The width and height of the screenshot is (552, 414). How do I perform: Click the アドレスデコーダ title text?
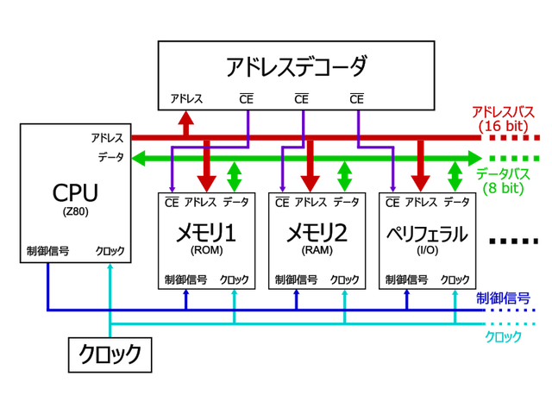tap(296, 66)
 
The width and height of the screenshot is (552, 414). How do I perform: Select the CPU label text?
tap(75, 191)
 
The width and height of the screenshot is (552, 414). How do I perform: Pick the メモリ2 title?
tap(317, 233)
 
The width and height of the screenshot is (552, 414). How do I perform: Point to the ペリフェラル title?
tap(427, 233)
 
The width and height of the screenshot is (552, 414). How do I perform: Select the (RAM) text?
tap(317, 251)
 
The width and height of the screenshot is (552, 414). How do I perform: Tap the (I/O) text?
tap(427, 251)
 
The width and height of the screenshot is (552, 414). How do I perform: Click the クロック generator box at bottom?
tap(110, 354)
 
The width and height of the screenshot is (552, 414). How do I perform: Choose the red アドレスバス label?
tap(504, 112)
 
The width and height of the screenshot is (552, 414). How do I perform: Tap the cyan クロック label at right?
tap(504, 336)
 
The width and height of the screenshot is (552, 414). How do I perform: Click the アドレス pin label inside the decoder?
tap(186, 98)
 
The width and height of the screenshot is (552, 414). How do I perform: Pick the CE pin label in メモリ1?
tap(172, 203)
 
